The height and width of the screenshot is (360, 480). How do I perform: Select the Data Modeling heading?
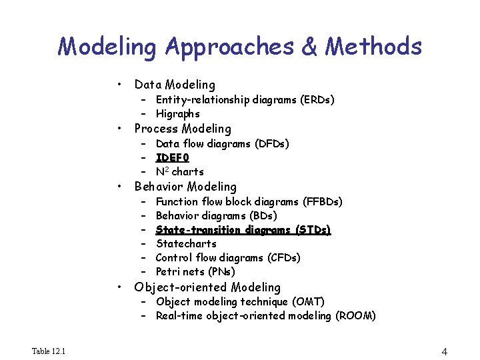(x=175, y=85)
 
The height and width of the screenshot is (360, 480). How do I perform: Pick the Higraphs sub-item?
(x=177, y=114)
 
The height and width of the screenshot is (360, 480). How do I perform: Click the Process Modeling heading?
(x=183, y=129)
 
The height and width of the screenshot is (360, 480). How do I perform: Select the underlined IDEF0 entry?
(x=173, y=158)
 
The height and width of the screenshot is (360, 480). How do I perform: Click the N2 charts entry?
(x=179, y=172)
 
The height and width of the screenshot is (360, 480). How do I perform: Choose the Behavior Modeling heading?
(x=185, y=187)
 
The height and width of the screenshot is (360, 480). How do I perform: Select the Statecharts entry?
(x=186, y=244)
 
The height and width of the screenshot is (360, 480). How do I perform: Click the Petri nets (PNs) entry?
(x=195, y=272)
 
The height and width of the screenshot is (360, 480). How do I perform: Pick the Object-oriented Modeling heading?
(x=207, y=287)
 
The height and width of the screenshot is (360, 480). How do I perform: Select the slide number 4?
(x=444, y=351)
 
